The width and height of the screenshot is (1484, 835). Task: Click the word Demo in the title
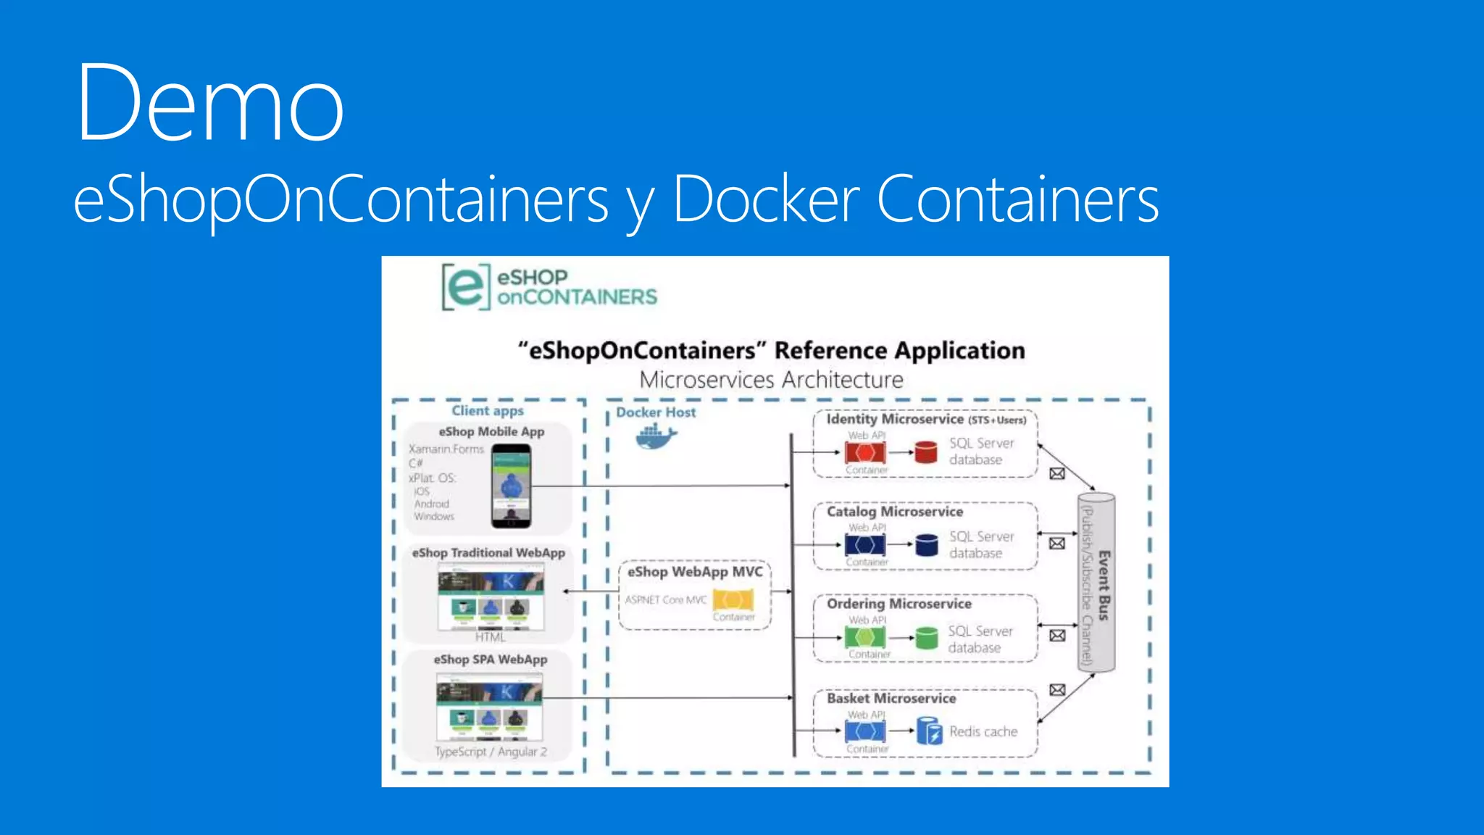[210, 103]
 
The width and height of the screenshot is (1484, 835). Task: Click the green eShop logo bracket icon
[466, 287]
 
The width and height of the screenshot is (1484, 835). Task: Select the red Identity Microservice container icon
[864, 453]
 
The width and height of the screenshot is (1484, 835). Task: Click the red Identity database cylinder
[925, 452]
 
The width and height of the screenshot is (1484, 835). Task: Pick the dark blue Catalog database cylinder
[926, 544]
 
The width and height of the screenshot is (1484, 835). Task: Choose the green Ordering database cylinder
[925, 638]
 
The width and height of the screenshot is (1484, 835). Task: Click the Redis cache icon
[929, 731]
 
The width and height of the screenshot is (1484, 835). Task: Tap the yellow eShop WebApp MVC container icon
[733, 600]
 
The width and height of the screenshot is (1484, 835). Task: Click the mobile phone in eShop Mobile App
[511, 486]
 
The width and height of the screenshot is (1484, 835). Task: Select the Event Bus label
[1104, 585]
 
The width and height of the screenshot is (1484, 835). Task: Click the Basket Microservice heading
[891, 698]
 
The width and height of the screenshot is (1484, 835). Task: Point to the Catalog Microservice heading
[895, 512]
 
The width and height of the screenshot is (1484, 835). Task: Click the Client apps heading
[488, 411]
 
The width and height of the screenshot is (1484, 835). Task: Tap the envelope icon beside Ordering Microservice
[1057, 636]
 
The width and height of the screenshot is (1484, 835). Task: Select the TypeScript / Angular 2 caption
[491, 752]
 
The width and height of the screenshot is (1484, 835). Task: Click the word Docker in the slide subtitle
[767, 199]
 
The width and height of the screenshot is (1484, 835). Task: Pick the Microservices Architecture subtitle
[771, 380]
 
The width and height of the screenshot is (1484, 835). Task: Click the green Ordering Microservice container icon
[864, 638]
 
